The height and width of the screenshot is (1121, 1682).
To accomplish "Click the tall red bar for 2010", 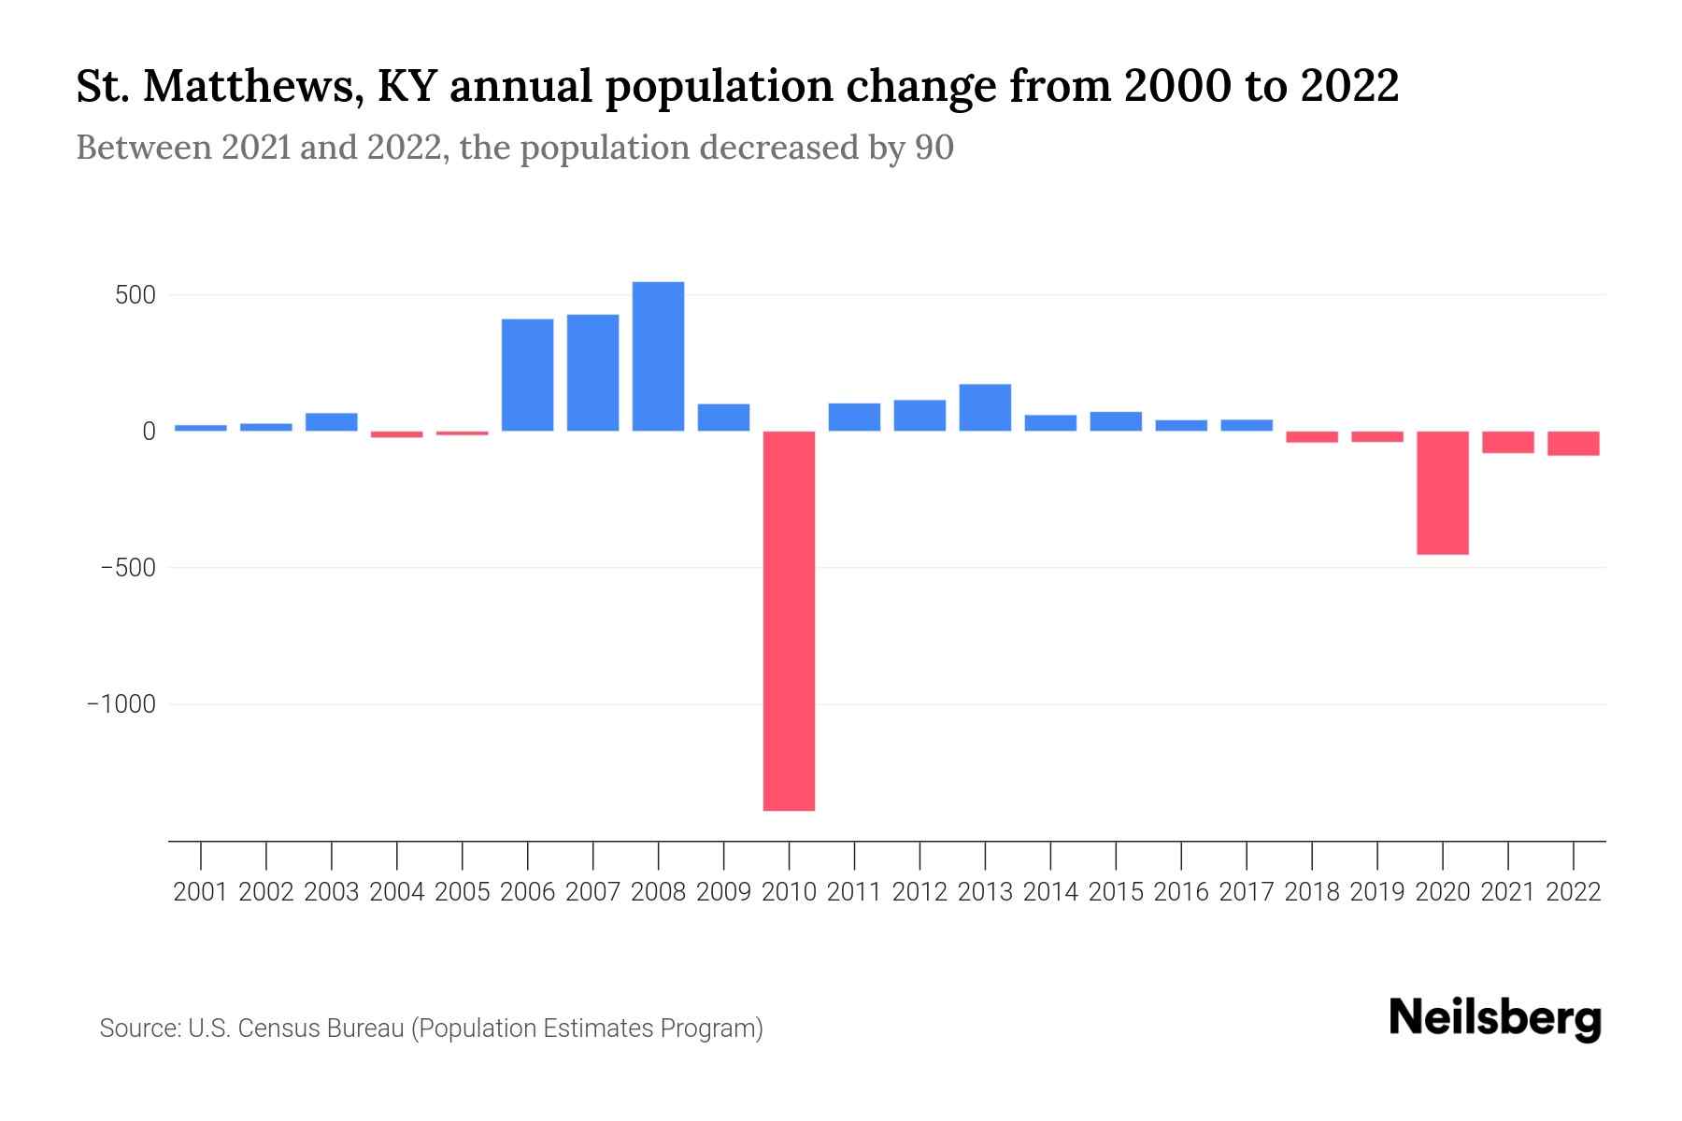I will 789,620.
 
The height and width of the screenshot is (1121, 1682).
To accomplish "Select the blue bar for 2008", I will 658,356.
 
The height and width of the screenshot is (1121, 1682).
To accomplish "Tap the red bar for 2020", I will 1442,492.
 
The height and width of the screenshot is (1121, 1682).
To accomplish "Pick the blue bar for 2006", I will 527,375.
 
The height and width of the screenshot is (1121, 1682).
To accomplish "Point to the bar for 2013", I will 985,407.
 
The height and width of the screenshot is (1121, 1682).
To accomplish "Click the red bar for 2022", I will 1573,443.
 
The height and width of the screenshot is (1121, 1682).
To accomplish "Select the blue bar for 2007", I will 592,373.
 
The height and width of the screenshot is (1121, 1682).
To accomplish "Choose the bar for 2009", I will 723,417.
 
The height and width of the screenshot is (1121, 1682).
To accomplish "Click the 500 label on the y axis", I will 135,296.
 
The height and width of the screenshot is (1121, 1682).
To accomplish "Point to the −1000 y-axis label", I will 121,704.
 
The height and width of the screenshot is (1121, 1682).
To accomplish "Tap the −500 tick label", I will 128,568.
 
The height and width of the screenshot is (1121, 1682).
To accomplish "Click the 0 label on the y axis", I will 149,432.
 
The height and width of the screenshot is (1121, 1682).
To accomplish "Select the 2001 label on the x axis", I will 201,892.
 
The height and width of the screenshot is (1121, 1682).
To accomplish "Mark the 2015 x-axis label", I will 1116,892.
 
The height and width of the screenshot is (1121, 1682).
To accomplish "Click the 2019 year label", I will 1376,892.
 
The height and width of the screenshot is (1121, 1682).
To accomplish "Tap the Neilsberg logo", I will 1495,1018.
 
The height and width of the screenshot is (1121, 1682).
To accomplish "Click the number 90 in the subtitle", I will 934,148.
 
